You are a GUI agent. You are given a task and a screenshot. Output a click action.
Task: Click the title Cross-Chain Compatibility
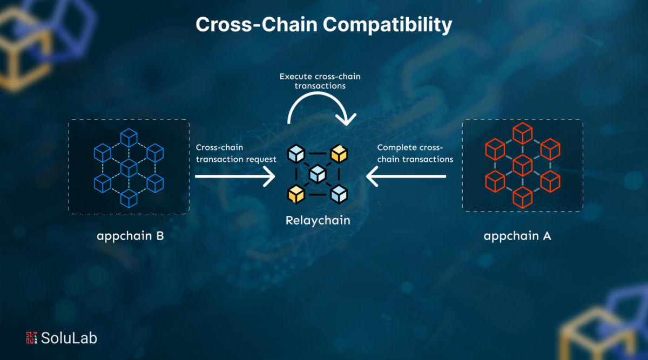coord(323,24)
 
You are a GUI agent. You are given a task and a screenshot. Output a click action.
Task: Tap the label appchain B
coord(130,236)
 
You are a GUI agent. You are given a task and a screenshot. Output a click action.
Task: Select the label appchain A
coord(517,236)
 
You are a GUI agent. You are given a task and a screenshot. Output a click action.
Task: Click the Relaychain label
coord(318,220)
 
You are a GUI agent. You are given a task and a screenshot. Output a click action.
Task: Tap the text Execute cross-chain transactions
coord(320,81)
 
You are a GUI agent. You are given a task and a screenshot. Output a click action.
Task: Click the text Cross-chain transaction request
coord(236,153)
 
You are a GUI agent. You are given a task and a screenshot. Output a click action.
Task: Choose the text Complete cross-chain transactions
coord(415,153)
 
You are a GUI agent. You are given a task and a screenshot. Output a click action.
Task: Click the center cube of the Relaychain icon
coord(317,174)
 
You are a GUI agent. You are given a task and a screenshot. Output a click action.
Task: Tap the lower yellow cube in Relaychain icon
coord(295,193)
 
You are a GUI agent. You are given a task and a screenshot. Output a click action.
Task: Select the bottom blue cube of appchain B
coord(129,198)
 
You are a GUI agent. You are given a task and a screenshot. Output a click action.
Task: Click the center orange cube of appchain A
coord(522,164)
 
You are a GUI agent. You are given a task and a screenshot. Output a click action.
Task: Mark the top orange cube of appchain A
coord(522,133)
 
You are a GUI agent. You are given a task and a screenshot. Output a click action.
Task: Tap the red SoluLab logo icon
coord(31,338)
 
